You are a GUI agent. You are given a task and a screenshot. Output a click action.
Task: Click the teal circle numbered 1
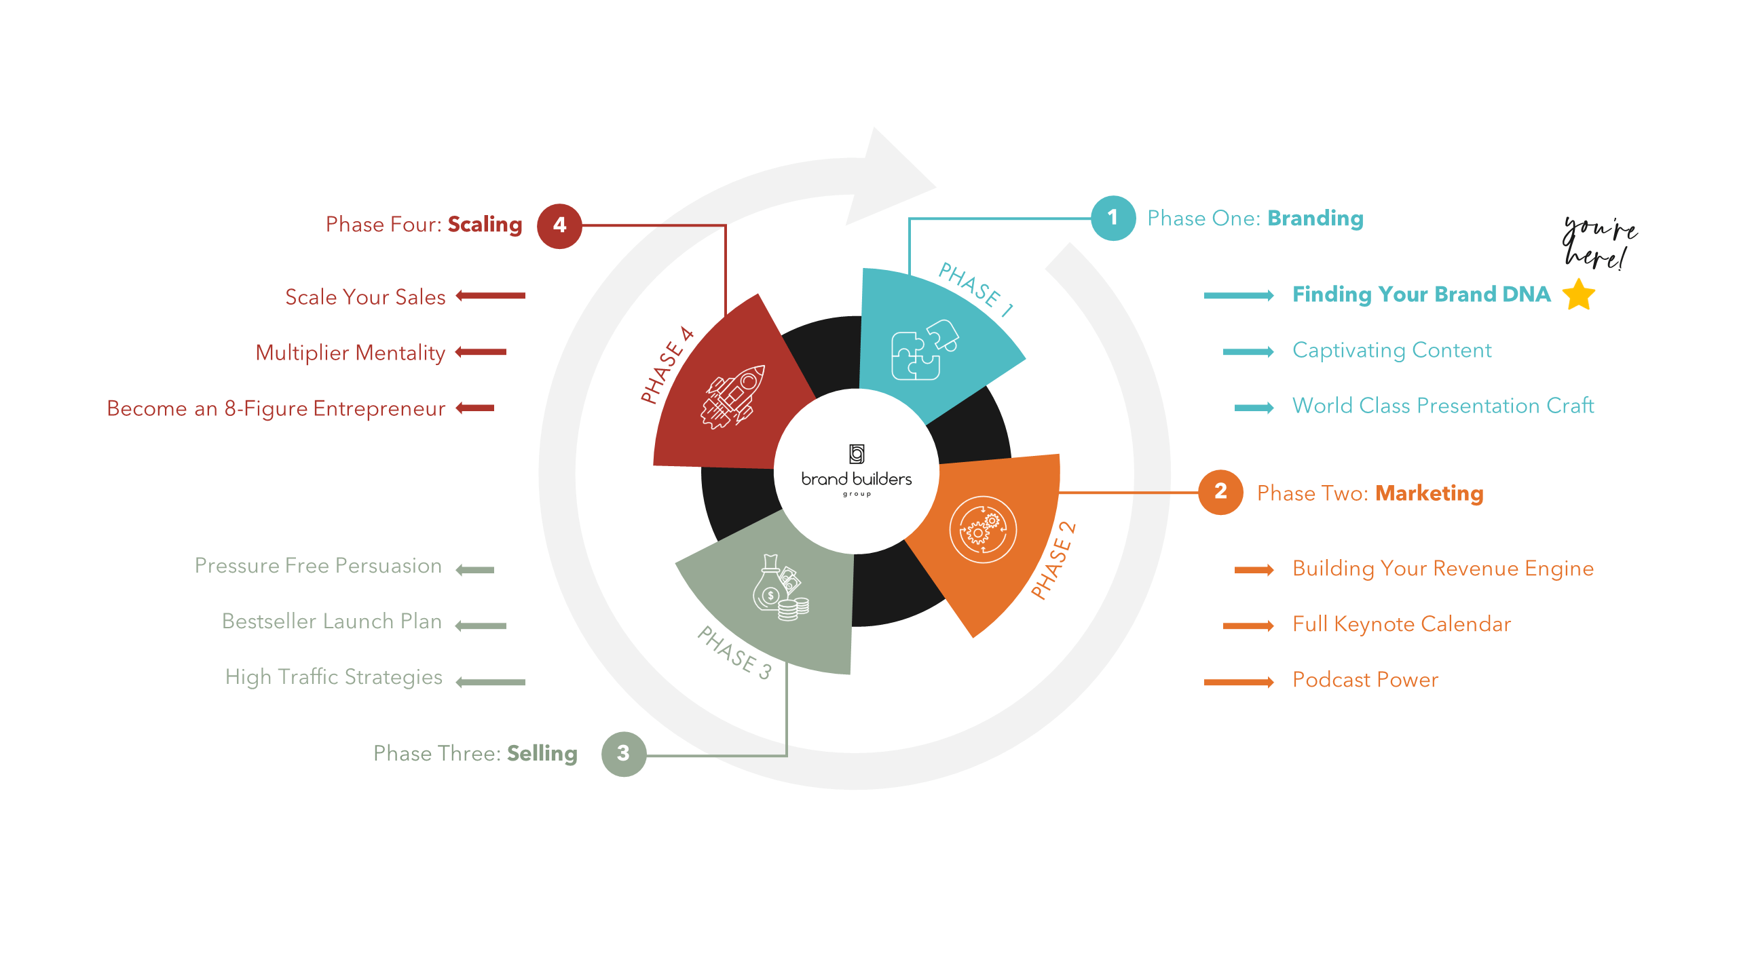(x=1113, y=218)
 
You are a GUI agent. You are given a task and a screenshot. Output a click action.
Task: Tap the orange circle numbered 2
(x=1220, y=492)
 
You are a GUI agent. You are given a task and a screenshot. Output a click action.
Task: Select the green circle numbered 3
(x=623, y=754)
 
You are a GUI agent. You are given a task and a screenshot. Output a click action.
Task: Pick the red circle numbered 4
(x=559, y=226)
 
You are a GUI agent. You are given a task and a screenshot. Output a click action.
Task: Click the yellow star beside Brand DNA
(x=1579, y=294)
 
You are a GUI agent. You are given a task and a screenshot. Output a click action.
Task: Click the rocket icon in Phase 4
(x=732, y=397)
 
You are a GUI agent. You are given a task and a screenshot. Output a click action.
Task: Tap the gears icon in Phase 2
(x=982, y=530)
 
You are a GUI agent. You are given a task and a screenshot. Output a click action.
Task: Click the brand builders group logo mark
(x=857, y=453)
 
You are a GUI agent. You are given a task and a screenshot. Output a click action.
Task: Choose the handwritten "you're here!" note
(x=1599, y=242)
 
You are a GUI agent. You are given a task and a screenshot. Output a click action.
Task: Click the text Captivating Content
(x=1392, y=350)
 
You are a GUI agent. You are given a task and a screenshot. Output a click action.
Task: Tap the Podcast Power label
(x=1365, y=680)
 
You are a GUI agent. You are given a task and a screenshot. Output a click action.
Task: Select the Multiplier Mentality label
(x=350, y=353)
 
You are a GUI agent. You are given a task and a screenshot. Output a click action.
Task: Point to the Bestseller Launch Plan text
(x=332, y=621)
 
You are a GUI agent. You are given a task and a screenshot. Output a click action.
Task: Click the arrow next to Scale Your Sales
(x=490, y=296)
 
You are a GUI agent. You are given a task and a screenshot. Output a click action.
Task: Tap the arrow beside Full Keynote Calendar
(x=1248, y=626)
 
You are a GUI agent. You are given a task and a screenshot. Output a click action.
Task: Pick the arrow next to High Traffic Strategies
(x=490, y=682)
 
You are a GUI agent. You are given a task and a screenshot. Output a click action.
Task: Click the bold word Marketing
(x=1429, y=493)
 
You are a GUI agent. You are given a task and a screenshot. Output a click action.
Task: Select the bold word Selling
(x=542, y=754)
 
